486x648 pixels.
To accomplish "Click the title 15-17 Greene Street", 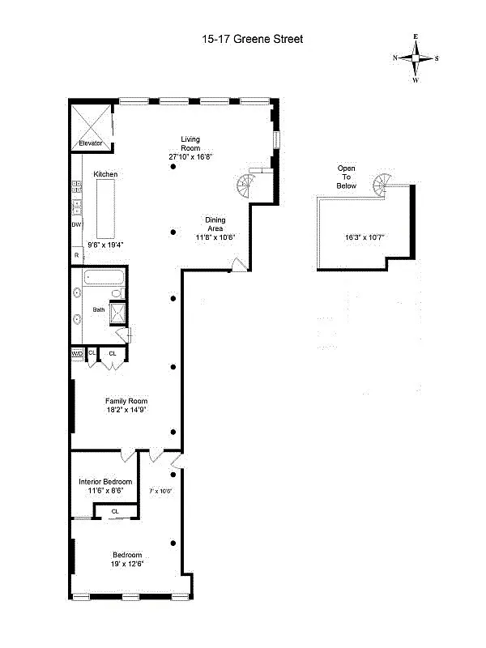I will tap(252, 38).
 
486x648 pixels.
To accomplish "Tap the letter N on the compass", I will tap(395, 58).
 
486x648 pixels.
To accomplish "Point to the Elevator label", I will tap(90, 143).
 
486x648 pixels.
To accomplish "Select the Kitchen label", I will tap(105, 174).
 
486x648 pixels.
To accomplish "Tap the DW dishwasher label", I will tap(76, 224).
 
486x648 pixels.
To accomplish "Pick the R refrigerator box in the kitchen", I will tap(76, 255).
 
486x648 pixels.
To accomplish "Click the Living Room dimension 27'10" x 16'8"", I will tap(190, 156).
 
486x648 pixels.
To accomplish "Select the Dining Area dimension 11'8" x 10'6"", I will tap(215, 237).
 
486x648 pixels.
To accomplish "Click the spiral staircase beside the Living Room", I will tap(246, 186).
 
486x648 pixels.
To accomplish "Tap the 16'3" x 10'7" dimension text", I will tap(364, 237).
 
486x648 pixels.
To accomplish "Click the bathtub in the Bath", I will tap(103, 280).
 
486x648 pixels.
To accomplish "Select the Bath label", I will tap(99, 309).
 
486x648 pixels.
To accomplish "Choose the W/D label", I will tap(77, 353).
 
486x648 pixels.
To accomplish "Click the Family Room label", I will tap(126, 400).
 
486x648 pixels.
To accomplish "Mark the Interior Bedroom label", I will tap(105, 481).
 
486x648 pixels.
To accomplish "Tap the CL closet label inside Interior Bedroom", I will tap(115, 511).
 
